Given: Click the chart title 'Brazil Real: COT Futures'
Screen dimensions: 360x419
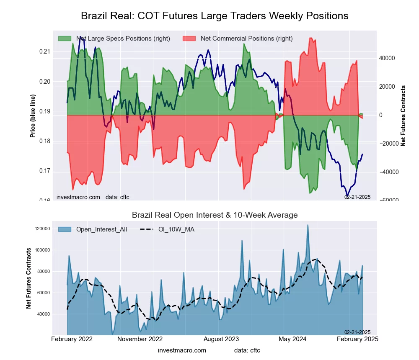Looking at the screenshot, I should (x=214, y=16).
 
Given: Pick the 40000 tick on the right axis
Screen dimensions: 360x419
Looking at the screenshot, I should (x=388, y=58).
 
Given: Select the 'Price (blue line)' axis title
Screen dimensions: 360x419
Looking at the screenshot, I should (x=33, y=116).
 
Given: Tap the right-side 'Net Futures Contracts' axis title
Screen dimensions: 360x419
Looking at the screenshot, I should (x=403, y=116).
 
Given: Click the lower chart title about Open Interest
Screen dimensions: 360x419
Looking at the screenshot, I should (x=215, y=215).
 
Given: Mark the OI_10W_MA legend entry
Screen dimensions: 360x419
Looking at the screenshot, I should (x=176, y=229).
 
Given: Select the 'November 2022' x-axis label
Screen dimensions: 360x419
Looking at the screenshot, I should (x=140, y=339).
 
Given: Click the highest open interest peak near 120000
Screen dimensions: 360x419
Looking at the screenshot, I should (x=308, y=225).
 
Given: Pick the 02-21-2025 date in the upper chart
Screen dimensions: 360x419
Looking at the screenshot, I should (x=357, y=197).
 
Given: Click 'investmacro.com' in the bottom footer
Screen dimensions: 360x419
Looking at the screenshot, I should (x=182, y=350).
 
